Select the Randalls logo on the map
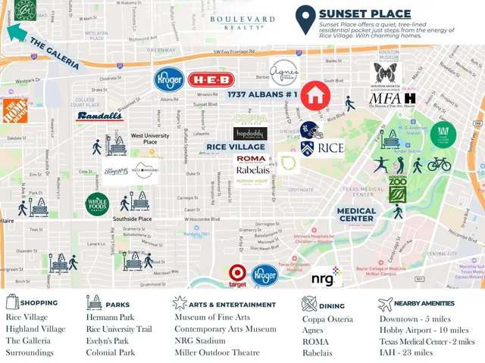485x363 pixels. click(99, 116)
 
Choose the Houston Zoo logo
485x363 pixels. click(398, 187)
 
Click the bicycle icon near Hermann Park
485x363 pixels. click(440, 163)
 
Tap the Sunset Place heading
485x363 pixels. click(365, 14)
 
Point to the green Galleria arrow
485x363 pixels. click(20, 34)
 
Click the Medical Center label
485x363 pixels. click(356, 215)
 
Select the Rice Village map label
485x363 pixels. click(236, 147)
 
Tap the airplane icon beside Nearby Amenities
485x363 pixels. click(386, 303)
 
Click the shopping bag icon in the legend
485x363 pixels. click(12, 303)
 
